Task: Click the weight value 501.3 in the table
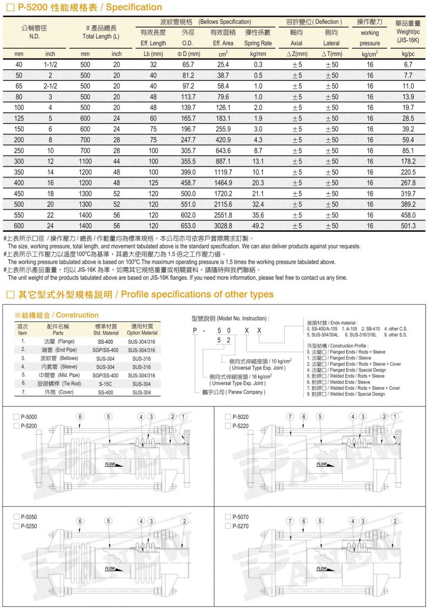tap(408, 226)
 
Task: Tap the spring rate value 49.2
tap(258, 226)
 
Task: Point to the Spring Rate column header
tap(258, 43)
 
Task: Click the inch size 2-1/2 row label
tap(50, 86)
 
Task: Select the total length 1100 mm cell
tap(85, 161)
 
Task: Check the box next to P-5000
tap(16, 417)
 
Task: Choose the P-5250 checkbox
tap(16, 526)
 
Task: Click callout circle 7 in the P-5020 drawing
tap(290, 417)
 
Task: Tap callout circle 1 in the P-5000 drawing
tap(183, 417)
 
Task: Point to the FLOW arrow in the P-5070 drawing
tap(322, 568)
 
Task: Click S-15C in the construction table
tap(106, 384)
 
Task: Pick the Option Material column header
tap(142, 332)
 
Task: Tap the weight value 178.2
tap(408, 161)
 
